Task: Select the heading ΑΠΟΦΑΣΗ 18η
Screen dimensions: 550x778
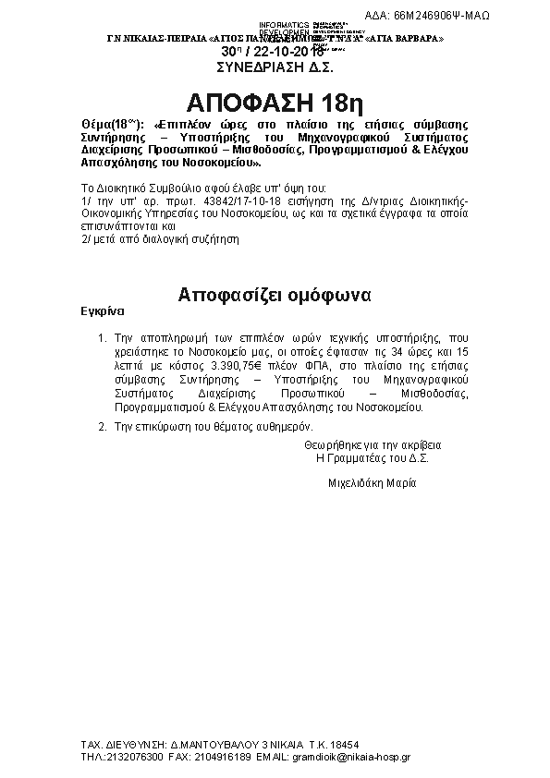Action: click(x=275, y=100)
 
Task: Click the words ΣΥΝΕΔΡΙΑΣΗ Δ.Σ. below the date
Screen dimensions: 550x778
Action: click(x=275, y=67)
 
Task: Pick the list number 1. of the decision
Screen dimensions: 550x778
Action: click(x=102, y=339)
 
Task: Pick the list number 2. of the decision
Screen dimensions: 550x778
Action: click(x=102, y=427)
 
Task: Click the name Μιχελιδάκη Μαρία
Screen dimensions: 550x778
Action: click(x=373, y=483)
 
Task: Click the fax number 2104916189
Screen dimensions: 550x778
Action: click(x=223, y=756)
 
